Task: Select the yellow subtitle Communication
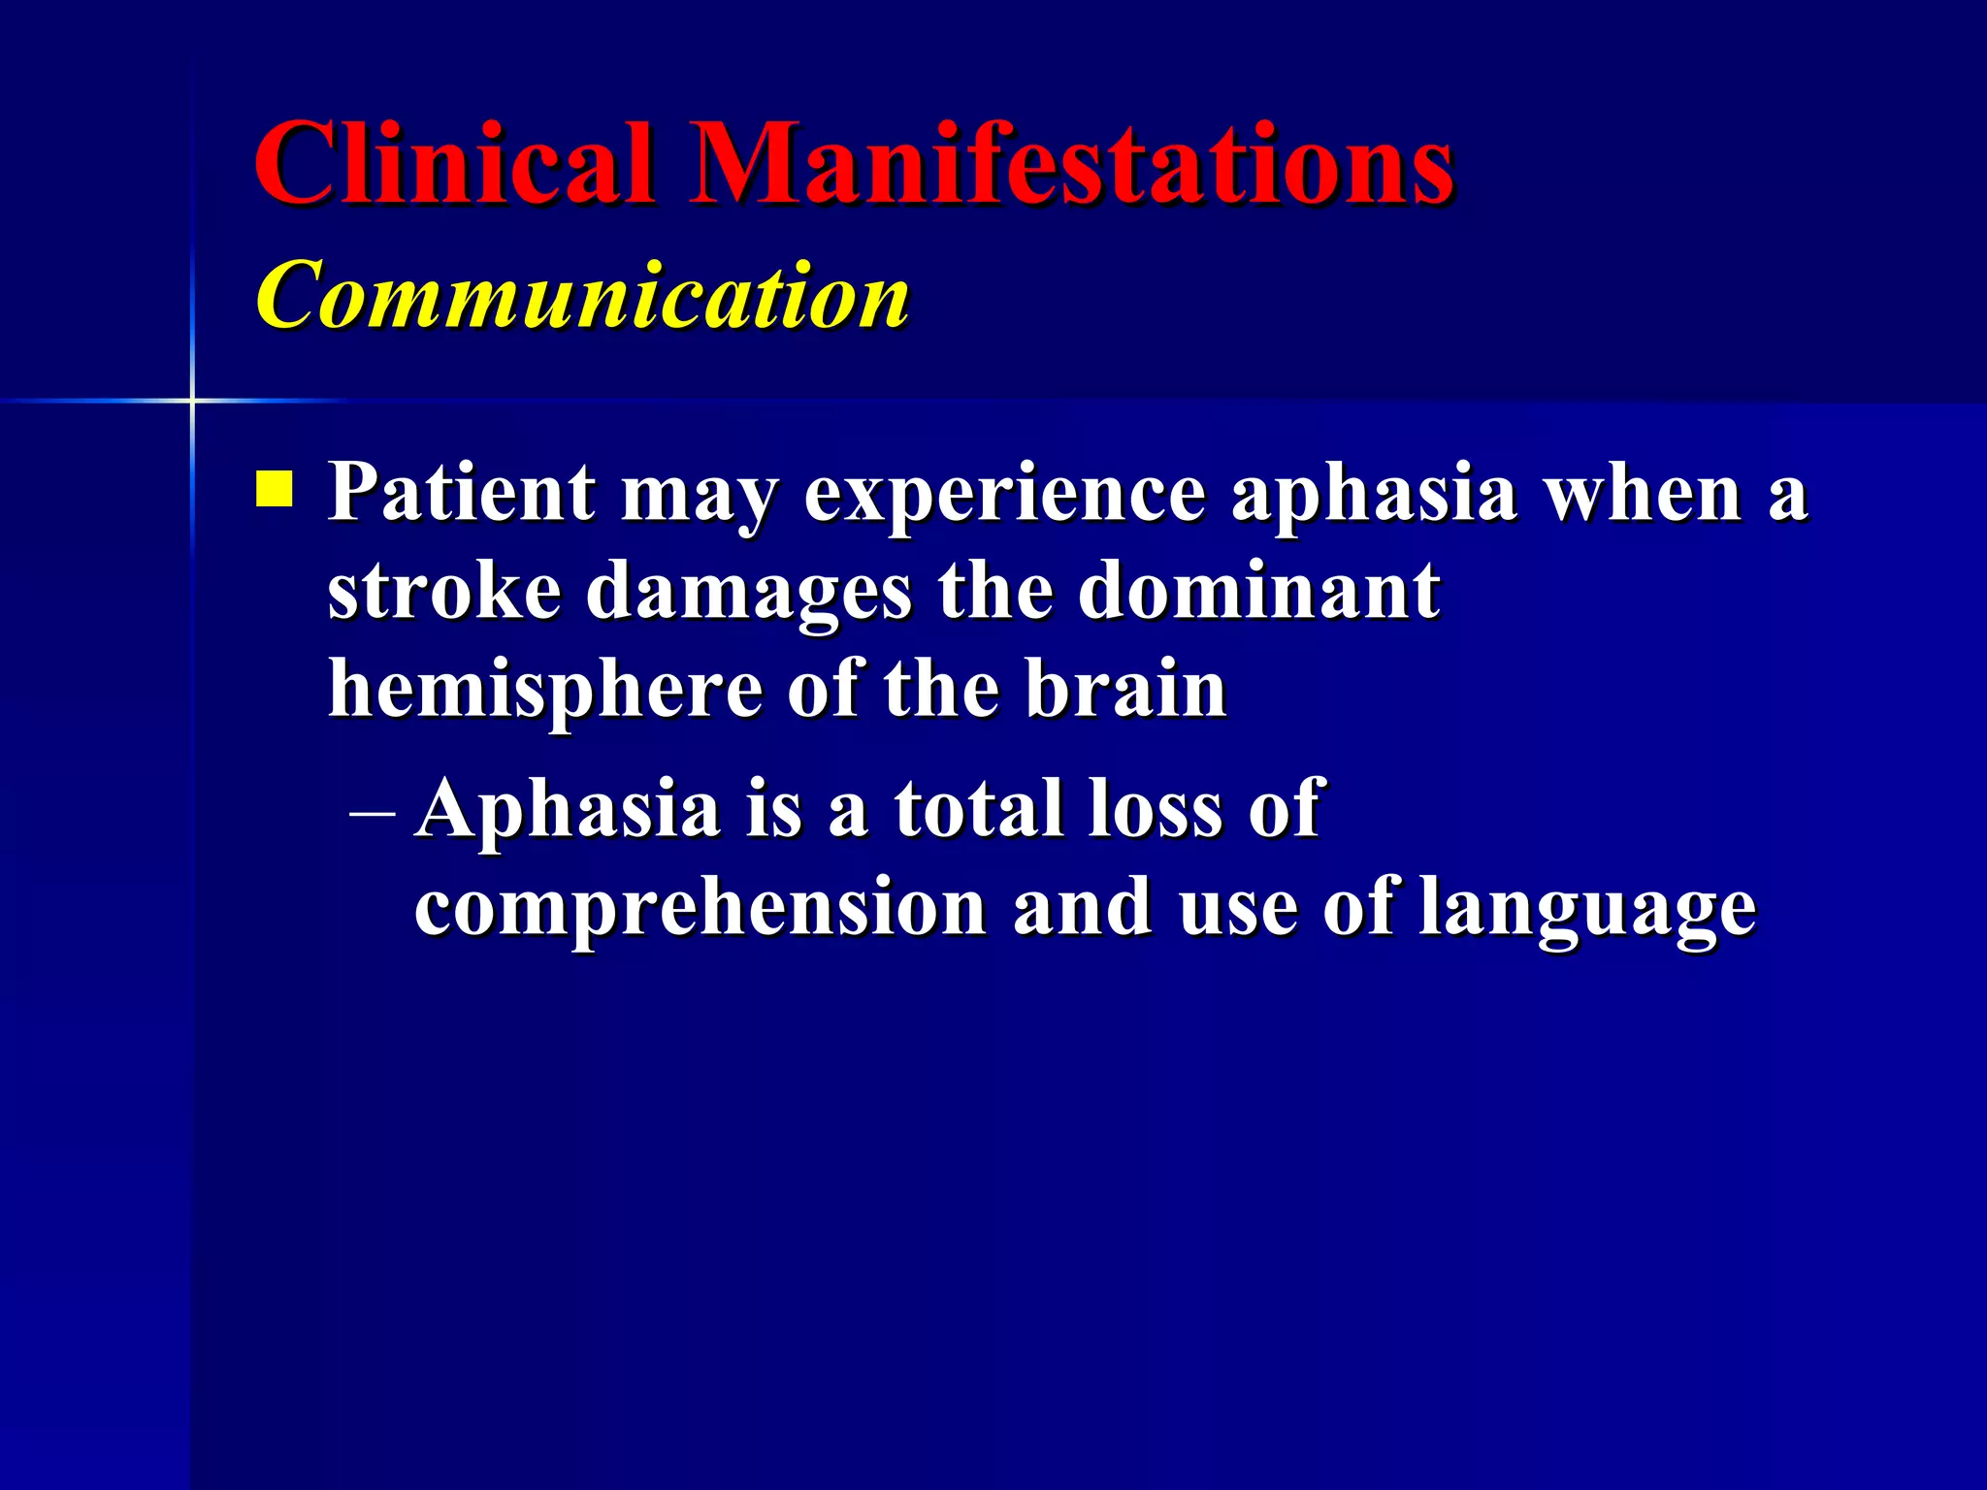click(582, 295)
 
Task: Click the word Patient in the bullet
click(461, 493)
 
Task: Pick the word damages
click(748, 594)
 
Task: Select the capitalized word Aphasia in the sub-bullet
click(567, 811)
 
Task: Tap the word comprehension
click(700, 910)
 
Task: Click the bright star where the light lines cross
click(192, 400)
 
